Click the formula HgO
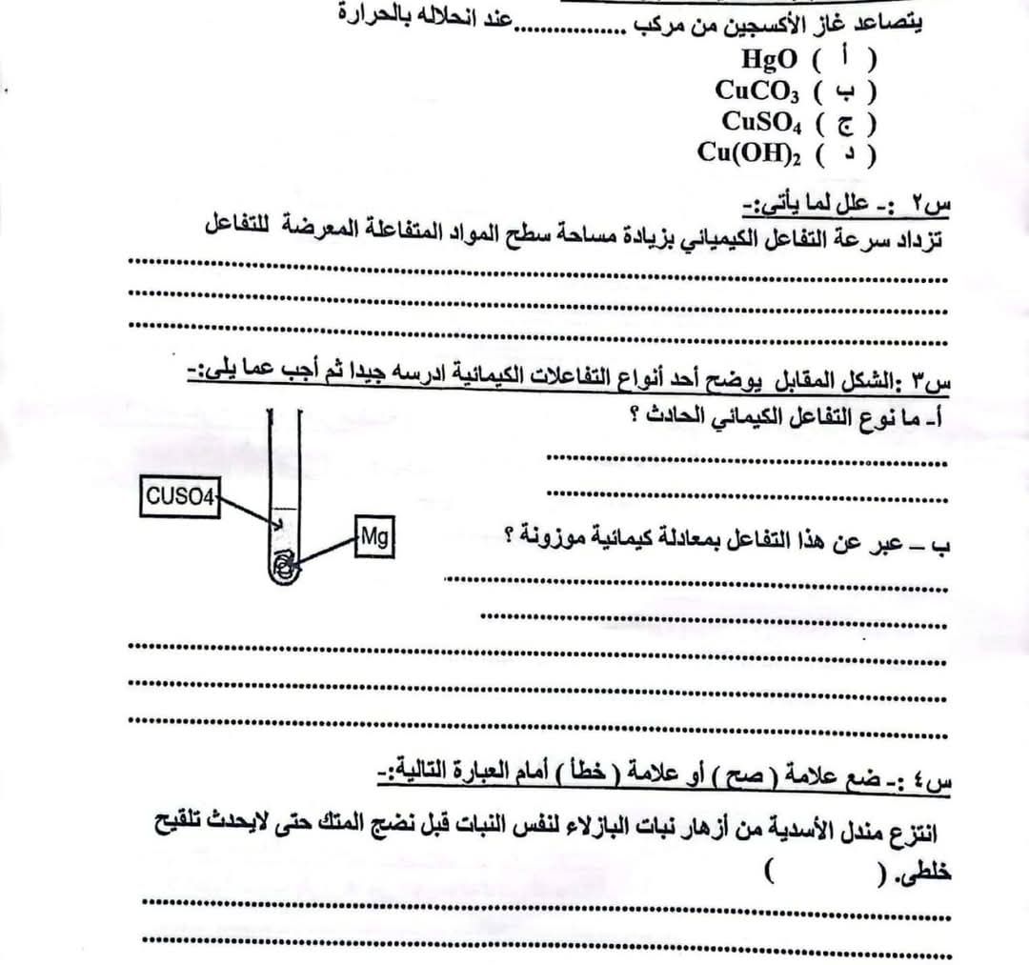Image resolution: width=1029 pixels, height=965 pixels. coord(770,59)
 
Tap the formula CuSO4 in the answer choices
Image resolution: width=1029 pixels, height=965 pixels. coord(758,122)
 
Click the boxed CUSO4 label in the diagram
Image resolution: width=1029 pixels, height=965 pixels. coord(180,495)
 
